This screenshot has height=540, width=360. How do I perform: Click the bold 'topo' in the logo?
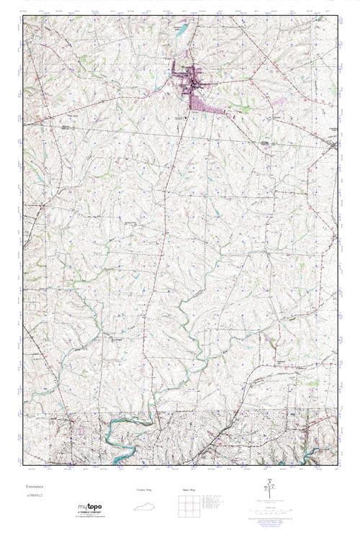(x=95, y=509)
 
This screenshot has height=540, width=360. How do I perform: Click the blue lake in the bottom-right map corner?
(x=317, y=453)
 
